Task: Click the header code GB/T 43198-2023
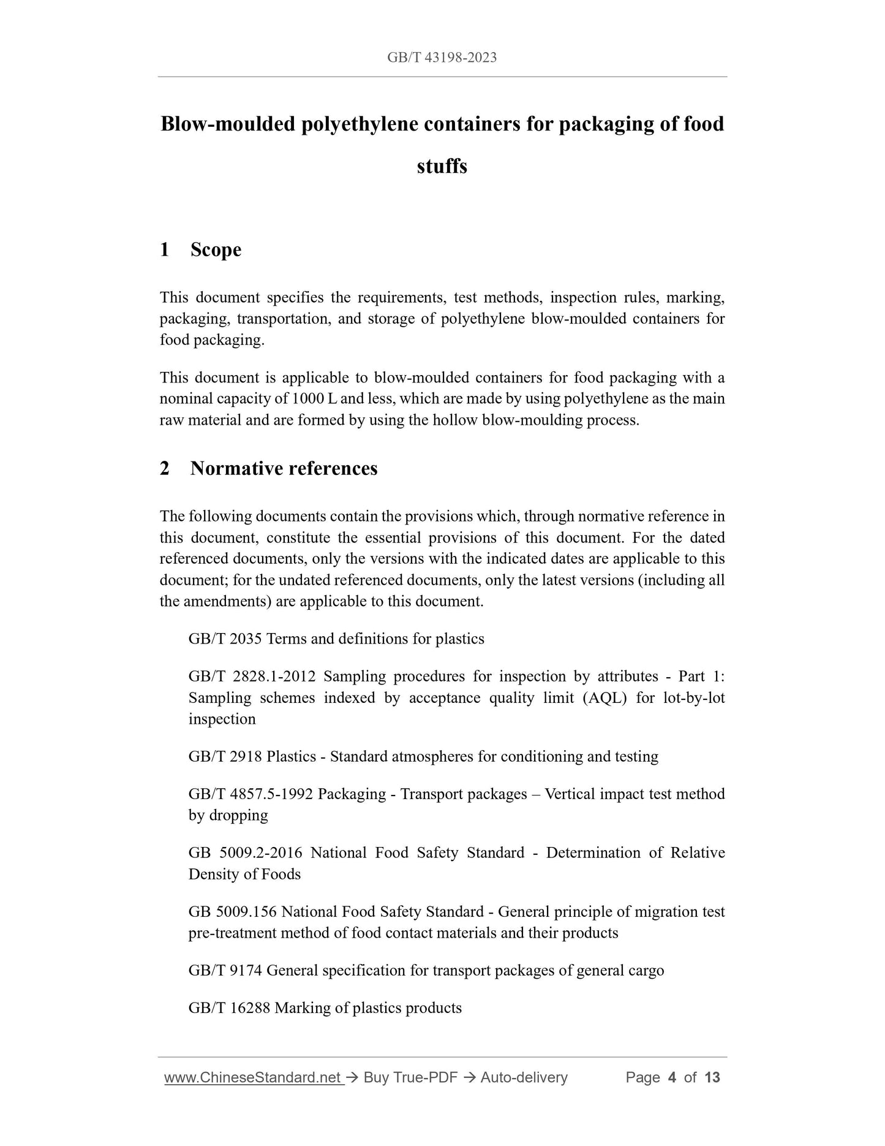coord(442,58)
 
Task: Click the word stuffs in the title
coord(442,166)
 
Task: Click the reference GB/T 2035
coord(225,639)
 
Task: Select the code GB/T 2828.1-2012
coord(252,677)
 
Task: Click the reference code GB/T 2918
coord(225,757)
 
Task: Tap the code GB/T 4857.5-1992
coord(250,794)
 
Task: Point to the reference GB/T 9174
coord(225,971)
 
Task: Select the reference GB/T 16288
coord(229,1008)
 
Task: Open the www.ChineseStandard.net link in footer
coord(252,1078)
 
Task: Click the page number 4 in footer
coord(672,1078)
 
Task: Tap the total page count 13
coord(712,1078)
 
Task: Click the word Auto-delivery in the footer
coord(524,1078)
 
